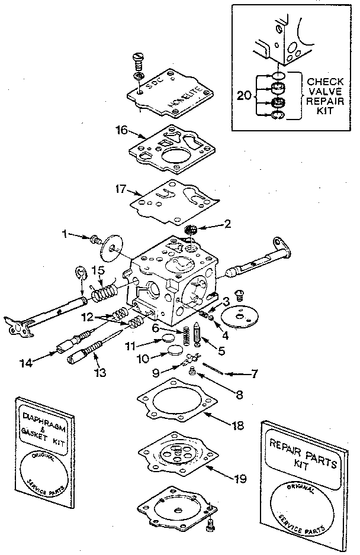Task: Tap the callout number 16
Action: tap(121, 130)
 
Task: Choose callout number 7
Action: tap(255, 373)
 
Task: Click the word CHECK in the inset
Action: tap(325, 80)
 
